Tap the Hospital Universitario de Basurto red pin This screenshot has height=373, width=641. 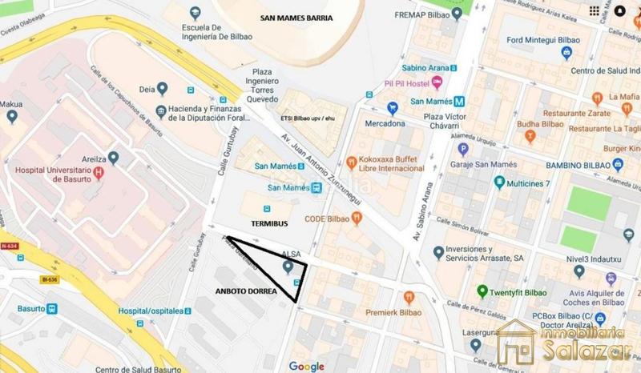point(99,172)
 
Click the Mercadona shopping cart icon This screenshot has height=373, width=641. point(393,108)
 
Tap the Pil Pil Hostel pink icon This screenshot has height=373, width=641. point(437,82)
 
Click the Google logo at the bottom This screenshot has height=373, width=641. point(306,366)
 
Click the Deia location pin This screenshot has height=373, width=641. point(163,89)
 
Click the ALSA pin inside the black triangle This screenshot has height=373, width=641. point(288,266)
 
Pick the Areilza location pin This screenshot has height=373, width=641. point(113,158)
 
